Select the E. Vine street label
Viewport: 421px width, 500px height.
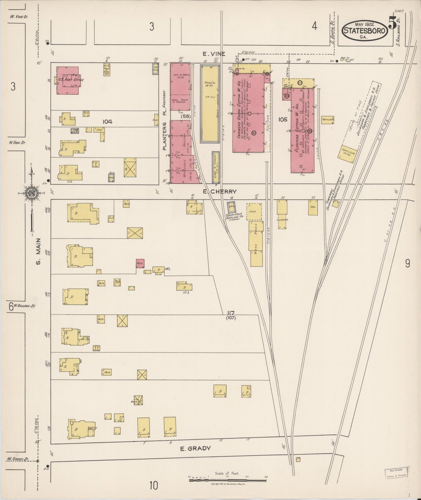(x=215, y=53)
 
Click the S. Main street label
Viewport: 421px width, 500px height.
(x=38, y=251)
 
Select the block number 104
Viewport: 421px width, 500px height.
(x=108, y=122)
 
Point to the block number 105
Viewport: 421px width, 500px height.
(x=283, y=119)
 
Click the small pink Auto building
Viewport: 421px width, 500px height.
(x=140, y=263)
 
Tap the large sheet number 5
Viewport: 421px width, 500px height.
(x=392, y=24)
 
